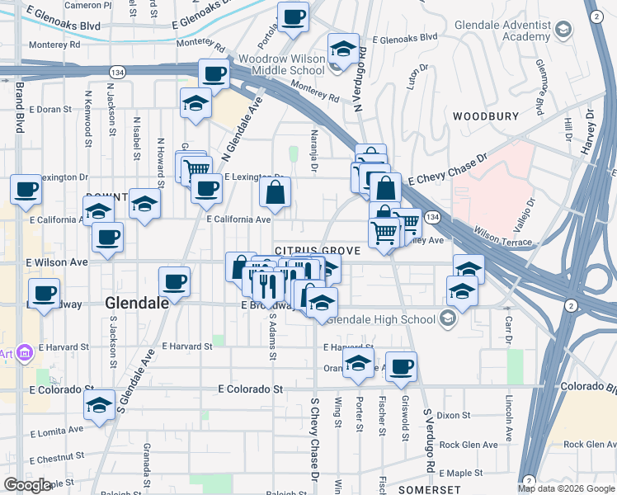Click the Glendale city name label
pyautogui.click(x=137, y=303)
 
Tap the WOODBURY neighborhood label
pyautogui.click(x=483, y=116)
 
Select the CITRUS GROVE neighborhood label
pyautogui.click(x=318, y=250)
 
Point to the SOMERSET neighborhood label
pyautogui.click(x=422, y=489)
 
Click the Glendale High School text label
pyautogui.click(x=383, y=319)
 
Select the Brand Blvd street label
pyautogui.click(x=18, y=108)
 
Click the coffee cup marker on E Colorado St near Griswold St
pyautogui.click(x=402, y=366)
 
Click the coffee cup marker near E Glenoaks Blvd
pyautogui.click(x=293, y=16)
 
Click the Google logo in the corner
pyautogui.click(x=28, y=485)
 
